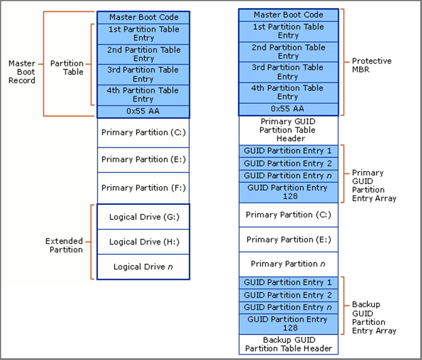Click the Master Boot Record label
(x=22, y=71)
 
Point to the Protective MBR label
(x=372, y=65)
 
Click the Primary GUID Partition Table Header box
(x=288, y=130)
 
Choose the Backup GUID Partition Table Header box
(x=288, y=344)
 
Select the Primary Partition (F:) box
(x=143, y=188)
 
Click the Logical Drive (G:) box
(x=143, y=217)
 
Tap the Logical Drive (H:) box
(x=143, y=242)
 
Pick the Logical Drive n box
(x=143, y=267)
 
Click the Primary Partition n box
(x=288, y=264)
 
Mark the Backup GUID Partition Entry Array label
(x=374, y=317)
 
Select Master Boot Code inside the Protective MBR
(x=288, y=14)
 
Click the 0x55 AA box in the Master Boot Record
(x=143, y=111)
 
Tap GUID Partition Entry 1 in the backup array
(x=288, y=282)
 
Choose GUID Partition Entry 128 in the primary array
(x=288, y=191)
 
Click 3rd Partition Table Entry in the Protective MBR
(x=288, y=72)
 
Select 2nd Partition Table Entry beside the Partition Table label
(x=143, y=55)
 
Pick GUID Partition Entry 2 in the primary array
(x=288, y=163)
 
